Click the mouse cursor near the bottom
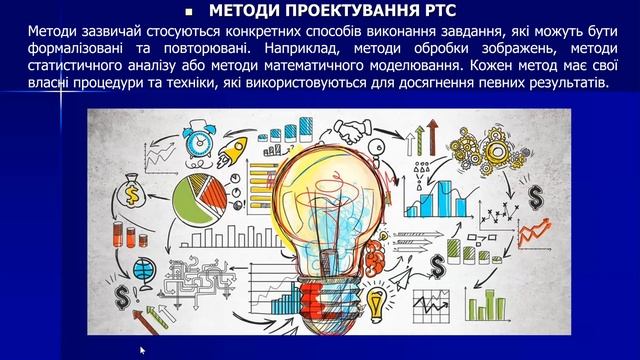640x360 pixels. (x=142, y=350)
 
